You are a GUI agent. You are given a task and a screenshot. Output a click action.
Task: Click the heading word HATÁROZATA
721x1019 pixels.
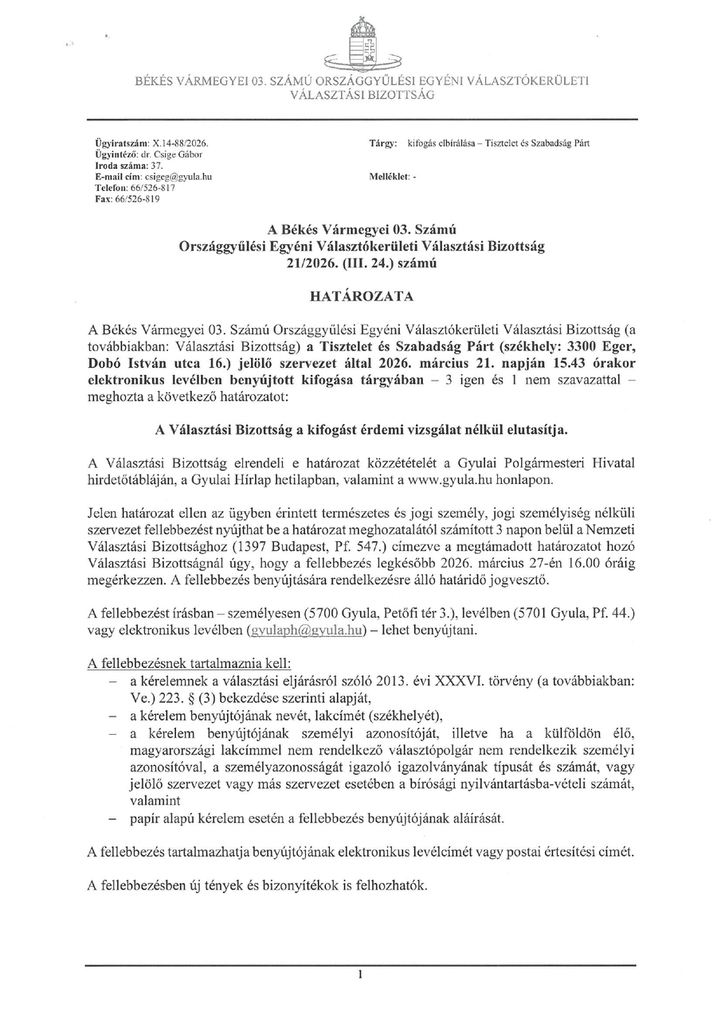point(361,296)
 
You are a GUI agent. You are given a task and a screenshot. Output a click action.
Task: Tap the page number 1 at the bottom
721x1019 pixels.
point(361,974)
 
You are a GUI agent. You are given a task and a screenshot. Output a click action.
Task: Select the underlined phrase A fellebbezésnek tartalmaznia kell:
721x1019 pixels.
point(189,663)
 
